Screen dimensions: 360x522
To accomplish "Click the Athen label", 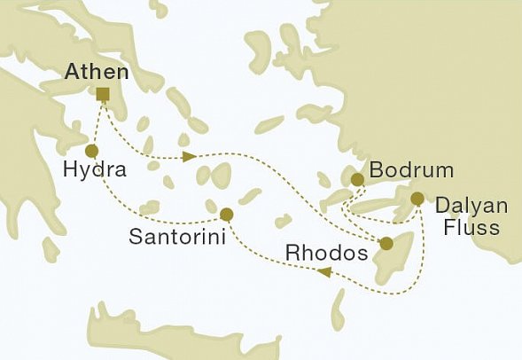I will pos(97,73).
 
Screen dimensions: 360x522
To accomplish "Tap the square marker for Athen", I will pos(103,95).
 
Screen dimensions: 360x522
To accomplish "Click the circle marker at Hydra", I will pos(90,151).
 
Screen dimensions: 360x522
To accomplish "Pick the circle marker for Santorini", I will pos(226,214).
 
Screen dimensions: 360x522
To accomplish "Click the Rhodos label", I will pos(326,254).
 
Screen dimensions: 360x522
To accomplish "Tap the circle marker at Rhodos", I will pos(386,243).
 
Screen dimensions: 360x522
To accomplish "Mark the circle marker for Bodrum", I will pos(357,180).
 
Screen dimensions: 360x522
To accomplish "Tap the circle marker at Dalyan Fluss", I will pos(417,198).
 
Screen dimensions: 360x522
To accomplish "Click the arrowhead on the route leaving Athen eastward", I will pos(188,158).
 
